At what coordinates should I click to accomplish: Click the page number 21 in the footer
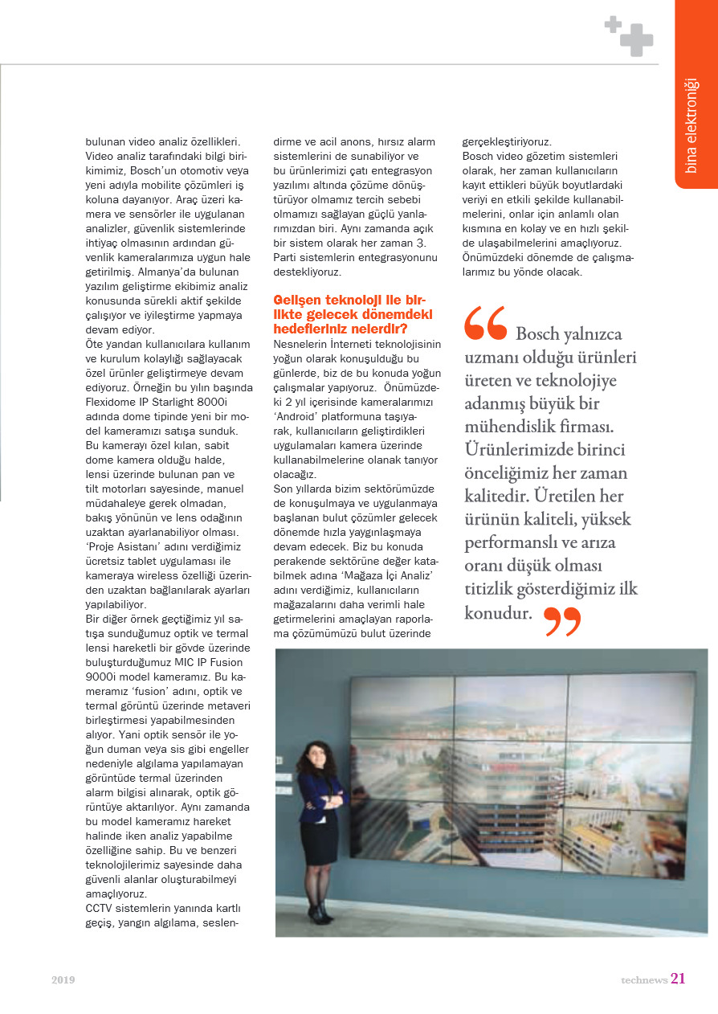point(678,979)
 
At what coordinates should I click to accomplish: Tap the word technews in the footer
point(643,980)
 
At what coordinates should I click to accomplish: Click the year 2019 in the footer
point(63,980)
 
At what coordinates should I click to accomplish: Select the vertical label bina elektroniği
point(691,125)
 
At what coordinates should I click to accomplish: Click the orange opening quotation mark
point(485,324)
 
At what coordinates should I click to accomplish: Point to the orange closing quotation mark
point(562,621)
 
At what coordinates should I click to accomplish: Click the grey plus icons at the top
point(629,36)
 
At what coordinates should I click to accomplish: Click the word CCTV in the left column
point(101,908)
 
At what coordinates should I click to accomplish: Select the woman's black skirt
point(320,840)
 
